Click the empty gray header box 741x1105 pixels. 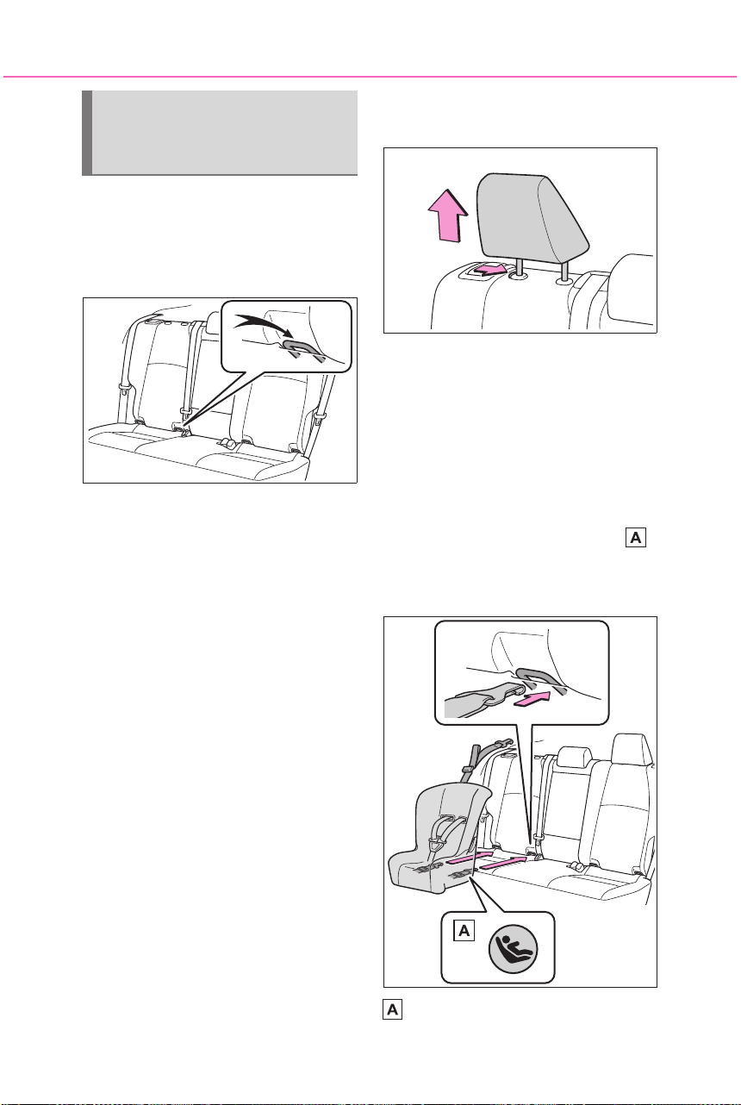(x=220, y=133)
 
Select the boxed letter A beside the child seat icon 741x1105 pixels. (x=464, y=930)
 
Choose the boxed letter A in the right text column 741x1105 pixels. (x=636, y=537)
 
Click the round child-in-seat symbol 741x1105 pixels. (x=513, y=949)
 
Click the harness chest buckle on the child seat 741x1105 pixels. (x=435, y=846)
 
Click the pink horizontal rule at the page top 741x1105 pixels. (x=370, y=77)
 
